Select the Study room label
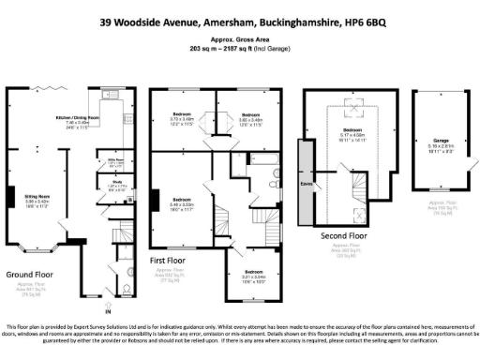click(x=104, y=184)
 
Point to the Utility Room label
click(x=106, y=161)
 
